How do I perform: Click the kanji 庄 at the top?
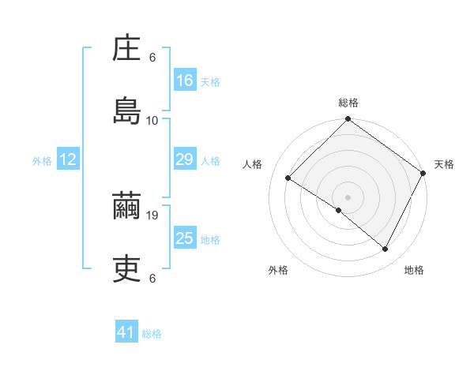(127, 51)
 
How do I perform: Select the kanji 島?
(127, 111)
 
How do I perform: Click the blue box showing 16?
(185, 81)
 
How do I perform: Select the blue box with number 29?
(185, 159)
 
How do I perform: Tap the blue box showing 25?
(185, 238)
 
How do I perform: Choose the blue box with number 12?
(68, 159)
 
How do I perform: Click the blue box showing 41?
(126, 332)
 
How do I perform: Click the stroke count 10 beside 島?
(152, 120)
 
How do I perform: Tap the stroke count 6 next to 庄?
(152, 58)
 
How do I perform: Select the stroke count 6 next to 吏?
(152, 278)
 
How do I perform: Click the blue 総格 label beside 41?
(152, 334)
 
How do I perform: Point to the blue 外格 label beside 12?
(42, 161)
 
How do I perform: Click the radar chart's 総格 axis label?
(348, 103)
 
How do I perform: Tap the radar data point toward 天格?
(423, 173)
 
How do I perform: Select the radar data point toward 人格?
(288, 178)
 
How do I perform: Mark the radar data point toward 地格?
(386, 249)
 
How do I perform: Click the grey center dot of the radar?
(348, 197)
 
